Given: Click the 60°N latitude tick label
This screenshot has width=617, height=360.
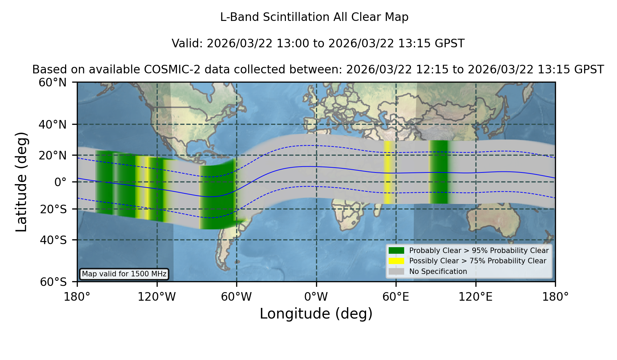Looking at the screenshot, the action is coord(52,83).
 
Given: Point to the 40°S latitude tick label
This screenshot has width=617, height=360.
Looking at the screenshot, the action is coord(53,240).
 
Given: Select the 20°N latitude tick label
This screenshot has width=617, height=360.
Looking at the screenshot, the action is coord(52,155).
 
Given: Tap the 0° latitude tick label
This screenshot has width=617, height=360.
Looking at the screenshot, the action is coord(60,182).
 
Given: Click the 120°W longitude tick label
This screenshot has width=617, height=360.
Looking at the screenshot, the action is coord(157,297).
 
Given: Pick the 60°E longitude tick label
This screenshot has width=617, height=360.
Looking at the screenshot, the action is coord(396,297).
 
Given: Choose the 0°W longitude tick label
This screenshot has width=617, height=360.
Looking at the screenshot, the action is coord(316,297).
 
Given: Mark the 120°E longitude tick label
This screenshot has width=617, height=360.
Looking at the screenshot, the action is coord(475,297).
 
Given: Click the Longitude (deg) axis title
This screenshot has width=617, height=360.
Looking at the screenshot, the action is coord(316,314).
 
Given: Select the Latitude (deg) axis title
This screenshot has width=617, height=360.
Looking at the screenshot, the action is coord(21,182).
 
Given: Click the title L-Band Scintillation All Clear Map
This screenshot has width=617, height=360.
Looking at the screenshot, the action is coord(314,17).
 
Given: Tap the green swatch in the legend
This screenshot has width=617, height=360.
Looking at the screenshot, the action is coord(397,251).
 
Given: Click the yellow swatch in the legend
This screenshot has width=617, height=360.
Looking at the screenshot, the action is coord(397,261).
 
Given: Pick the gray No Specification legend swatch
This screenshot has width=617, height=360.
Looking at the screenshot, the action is coord(397,272).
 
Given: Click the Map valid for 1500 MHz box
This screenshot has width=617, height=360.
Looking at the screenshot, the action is coord(124,274).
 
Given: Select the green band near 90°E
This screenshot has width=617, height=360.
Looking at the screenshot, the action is coord(439,172).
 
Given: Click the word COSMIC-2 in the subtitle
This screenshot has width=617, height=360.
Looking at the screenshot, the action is coord(166,70).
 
